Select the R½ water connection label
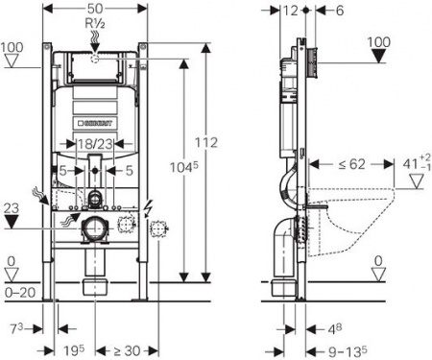[x=94, y=23]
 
